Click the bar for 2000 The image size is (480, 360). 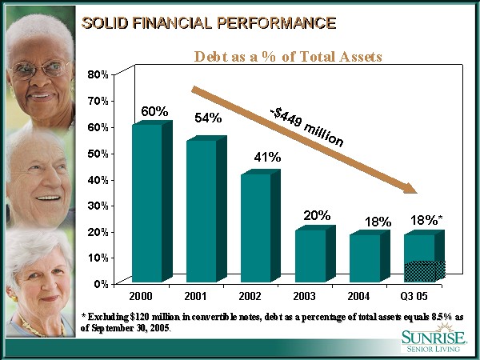(x=146, y=204)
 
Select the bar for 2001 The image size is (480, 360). (x=201, y=211)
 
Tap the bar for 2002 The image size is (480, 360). (x=255, y=228)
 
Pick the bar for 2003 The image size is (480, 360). (x=310, y=256)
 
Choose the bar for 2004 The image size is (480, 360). (x=364, y=258)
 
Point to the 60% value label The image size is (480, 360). (x=154, y=111)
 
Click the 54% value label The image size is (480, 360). (x=208, y=118)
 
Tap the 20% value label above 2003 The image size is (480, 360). (x=318, y=215)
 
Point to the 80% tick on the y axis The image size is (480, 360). (x=98, y=74)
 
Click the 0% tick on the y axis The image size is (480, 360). (x=101, y=284)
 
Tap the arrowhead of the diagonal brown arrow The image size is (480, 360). (x=409, y=188)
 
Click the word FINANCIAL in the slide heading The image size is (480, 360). (x=174, y=22)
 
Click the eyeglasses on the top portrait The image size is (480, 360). (x=40, y=69)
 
